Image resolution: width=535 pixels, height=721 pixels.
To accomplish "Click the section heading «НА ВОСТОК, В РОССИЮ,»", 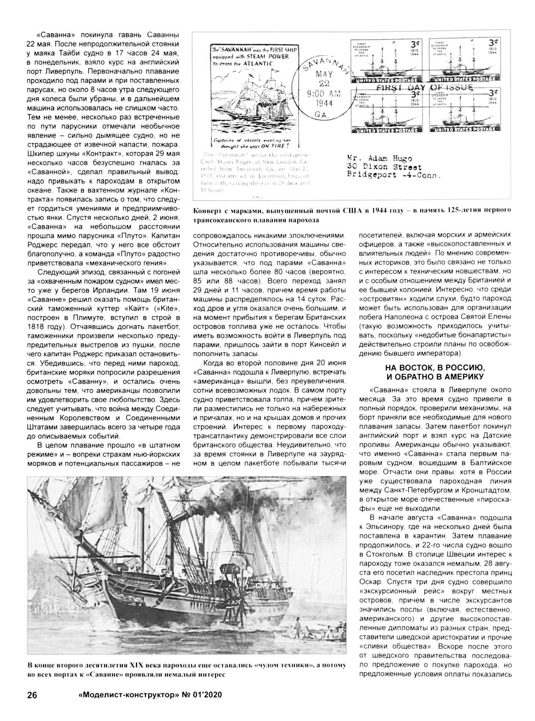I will [x=435, y=367].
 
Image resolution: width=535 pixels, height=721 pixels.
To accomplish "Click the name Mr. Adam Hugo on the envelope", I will [x=379, y=159].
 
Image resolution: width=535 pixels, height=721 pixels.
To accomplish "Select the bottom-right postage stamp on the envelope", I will [x=465, y=111].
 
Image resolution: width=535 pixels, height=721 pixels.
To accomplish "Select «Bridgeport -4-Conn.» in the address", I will [x=393, y=175].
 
